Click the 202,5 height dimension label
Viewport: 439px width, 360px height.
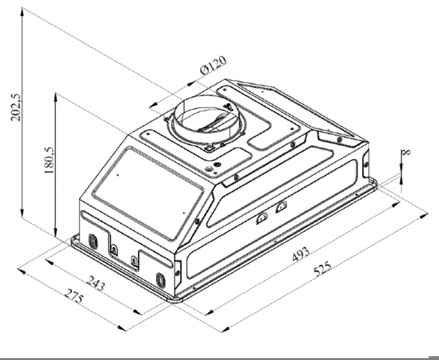point(16,107)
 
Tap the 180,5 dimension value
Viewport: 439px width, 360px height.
point(49,160)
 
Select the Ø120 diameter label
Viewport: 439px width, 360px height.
point(214,65)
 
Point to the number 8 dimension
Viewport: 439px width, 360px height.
point(406,152)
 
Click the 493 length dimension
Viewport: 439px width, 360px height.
point(300,254)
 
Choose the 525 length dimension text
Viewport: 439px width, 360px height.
point(322,269)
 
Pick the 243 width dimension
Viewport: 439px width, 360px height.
point(95,283)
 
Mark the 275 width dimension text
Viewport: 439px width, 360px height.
point(74,296)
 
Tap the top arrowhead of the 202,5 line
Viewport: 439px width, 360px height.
point(22,12)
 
